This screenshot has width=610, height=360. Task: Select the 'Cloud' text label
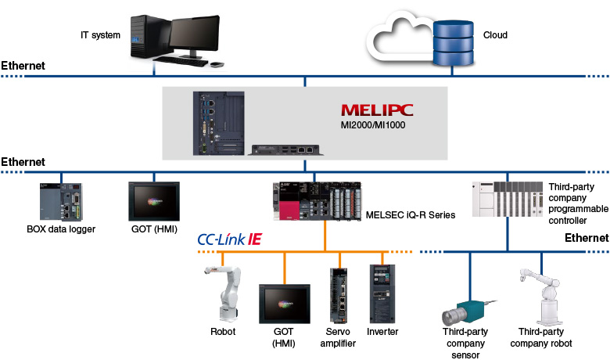point(495,34)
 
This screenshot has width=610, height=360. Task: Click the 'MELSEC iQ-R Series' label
point(410,214)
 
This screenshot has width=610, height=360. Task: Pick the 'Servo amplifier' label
point(338,337)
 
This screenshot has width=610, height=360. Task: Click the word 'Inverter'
point(382,332)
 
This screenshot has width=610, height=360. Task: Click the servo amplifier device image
point(339,296)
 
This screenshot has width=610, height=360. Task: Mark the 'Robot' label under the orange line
point(223,332)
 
